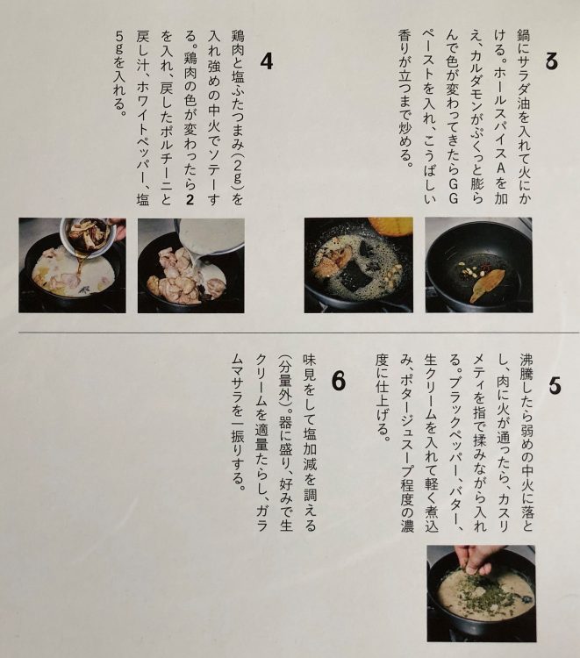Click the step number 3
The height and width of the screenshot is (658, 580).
pyautogui.click(x=552, y=61)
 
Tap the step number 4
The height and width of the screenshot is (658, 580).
pyautogui.click(x=267, y=61)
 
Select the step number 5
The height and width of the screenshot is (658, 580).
pyautogui.click(x=555, y=386)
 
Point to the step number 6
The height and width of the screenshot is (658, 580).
pyautogui.click(x=339, y=382)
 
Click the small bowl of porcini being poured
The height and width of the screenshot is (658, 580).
pyautogui.click(x=87, y=234)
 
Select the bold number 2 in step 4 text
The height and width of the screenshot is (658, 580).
pyautogui.click(x=190, y=200)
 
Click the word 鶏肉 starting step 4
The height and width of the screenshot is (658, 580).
pyautogui.click(x=237, y=43)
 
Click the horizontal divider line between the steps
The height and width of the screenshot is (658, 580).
pyautogui.click(x=299, y=333)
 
